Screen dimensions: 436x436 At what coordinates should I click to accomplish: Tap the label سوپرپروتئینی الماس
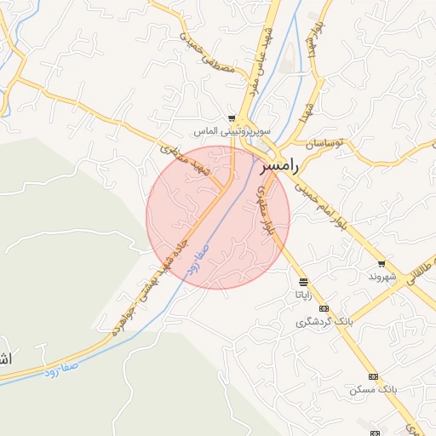coord(232,132)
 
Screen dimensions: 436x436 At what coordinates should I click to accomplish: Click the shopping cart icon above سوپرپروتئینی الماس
coord(232,118)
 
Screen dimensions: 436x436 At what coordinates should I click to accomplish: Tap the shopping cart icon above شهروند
coord(381,264)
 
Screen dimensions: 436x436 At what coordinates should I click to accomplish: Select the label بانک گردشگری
coord(324,322)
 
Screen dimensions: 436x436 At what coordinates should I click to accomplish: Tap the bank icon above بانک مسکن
coord(372,376)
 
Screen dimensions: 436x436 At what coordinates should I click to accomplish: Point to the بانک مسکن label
coord(372,389)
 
